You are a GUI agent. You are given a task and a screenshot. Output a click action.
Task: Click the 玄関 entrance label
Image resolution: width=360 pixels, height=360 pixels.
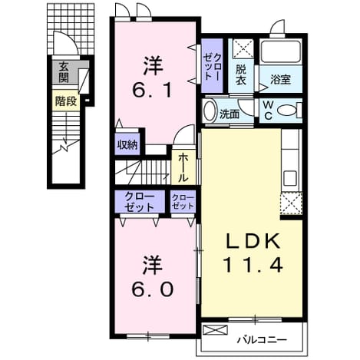[64, 72]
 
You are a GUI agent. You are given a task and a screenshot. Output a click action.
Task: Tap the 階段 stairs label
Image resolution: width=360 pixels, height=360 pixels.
[66, 101]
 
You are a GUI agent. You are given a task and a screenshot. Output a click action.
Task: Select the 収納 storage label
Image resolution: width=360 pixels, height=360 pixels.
[127, 145]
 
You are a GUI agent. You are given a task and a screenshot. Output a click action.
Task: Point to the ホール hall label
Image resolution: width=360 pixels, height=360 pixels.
[183, 167]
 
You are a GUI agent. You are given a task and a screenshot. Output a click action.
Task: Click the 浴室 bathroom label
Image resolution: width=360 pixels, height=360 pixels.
[280, 80]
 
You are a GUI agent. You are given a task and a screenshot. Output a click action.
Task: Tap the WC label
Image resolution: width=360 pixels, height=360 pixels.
[268, 111]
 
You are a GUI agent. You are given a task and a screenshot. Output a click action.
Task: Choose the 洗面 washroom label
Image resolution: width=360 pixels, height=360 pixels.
[230, 114]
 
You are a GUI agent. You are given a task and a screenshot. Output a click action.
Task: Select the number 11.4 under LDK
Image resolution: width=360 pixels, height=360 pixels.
[253, 265]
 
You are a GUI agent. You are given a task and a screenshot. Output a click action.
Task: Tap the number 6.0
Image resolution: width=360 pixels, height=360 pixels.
[153, 289]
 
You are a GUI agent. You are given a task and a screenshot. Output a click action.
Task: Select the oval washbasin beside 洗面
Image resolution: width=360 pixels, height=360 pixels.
[210, 111]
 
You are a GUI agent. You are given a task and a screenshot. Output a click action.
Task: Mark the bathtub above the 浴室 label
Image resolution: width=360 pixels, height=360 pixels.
[281, 51]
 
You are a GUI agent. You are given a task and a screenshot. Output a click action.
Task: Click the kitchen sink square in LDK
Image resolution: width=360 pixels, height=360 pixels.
[290, 178]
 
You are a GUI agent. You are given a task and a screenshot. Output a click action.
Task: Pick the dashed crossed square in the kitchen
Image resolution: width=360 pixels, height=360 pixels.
[292, 203]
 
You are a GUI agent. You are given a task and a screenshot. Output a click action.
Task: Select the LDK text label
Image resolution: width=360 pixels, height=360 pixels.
[253, 241]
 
